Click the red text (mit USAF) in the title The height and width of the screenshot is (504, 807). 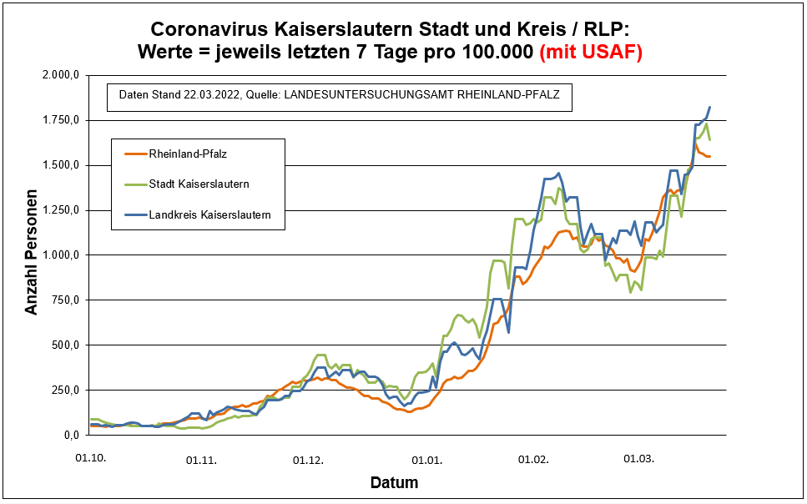point(591,52)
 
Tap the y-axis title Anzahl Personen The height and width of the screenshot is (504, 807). point(32,256)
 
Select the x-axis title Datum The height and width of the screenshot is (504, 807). point(394,482)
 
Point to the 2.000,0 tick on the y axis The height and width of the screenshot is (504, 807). point(60,75)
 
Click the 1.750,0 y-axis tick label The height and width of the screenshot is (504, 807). point(60,120)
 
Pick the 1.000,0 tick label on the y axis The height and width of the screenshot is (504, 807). point(60,255)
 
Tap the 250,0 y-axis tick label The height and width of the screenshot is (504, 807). point(63,390)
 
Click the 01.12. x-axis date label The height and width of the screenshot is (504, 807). point(309,459)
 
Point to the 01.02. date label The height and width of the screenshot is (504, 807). point(532,459)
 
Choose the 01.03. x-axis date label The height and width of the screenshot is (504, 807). point(639,459)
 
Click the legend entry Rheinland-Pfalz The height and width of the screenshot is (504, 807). point(187,154)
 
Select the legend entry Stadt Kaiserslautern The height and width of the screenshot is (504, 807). point(199,184)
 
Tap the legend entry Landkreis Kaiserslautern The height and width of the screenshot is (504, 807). point(209,214)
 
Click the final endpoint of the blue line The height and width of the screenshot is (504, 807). point(709,107)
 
